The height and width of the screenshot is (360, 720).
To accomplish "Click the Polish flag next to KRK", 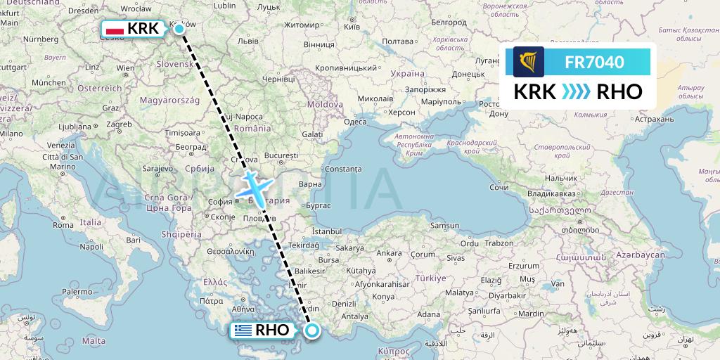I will click(x=115, y=29).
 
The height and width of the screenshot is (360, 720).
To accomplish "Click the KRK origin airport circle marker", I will click(x=179, y=29).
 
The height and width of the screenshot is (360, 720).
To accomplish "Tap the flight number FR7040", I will click(x=594, y=62).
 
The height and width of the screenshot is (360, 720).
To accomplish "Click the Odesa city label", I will click(x=355, y=122).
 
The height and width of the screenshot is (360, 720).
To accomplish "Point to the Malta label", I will click(x=94, y=341).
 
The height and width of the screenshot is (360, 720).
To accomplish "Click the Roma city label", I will click(x=63, y=226).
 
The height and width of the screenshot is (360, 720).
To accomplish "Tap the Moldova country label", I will click(x=324, y=104).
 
